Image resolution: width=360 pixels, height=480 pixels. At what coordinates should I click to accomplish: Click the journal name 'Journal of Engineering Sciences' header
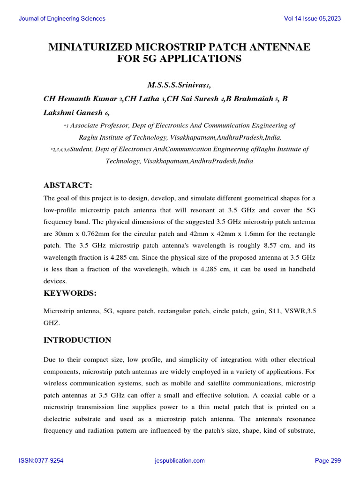tap(62, 19)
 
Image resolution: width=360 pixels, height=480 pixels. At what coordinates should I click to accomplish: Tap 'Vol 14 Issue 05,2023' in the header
tap(312, 19)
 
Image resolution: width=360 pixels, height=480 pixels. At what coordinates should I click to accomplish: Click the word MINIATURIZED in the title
tap(92, 47)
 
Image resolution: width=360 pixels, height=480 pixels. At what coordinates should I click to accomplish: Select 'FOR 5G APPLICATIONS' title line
tap(180, 59)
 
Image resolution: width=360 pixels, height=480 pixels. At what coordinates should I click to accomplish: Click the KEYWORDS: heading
tap(70, 293)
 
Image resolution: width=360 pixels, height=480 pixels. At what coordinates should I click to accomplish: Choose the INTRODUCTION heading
tap(77, 340)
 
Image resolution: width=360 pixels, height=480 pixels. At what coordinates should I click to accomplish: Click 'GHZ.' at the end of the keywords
tap(52, 323)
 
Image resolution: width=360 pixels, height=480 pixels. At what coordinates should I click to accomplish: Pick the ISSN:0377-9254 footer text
tap(41, 461)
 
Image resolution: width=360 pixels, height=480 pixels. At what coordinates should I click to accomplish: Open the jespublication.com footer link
tap(180, 461)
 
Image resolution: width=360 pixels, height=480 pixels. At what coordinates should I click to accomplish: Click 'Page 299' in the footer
tap(328, 461)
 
